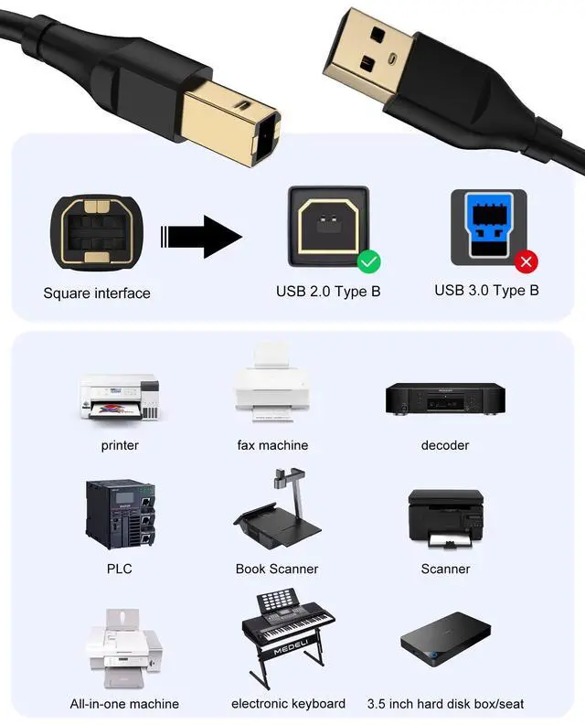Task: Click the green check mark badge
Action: [x=369, y=262]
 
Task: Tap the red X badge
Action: [x=526, y=263]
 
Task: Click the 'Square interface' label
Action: [x=97, y=293]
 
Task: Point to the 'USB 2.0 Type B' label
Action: [x=328, y=292]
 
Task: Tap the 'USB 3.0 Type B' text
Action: [x=486, y=291]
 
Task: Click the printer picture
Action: [x=120, y=398]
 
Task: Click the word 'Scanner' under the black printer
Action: [x=445, y=569]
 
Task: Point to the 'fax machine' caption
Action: [x=272, y=445]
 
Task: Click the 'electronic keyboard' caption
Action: [x=288, y=703]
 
